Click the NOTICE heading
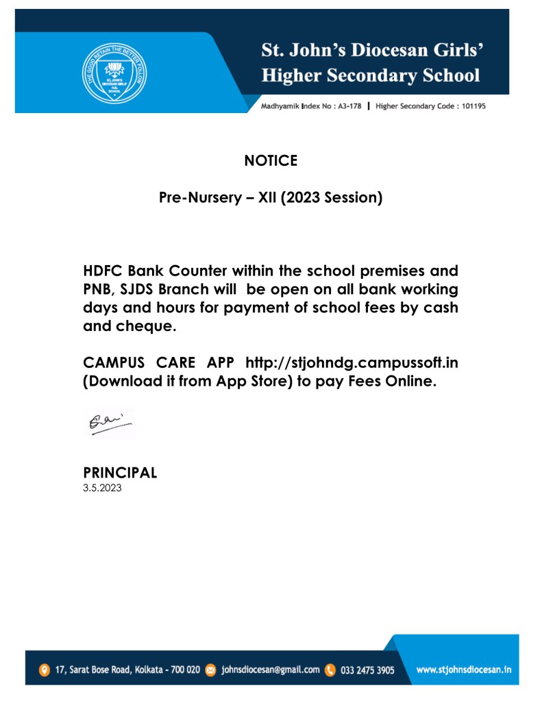271,161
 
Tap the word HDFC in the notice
105,272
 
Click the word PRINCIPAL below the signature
120,472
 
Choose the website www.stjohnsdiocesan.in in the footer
465,669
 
